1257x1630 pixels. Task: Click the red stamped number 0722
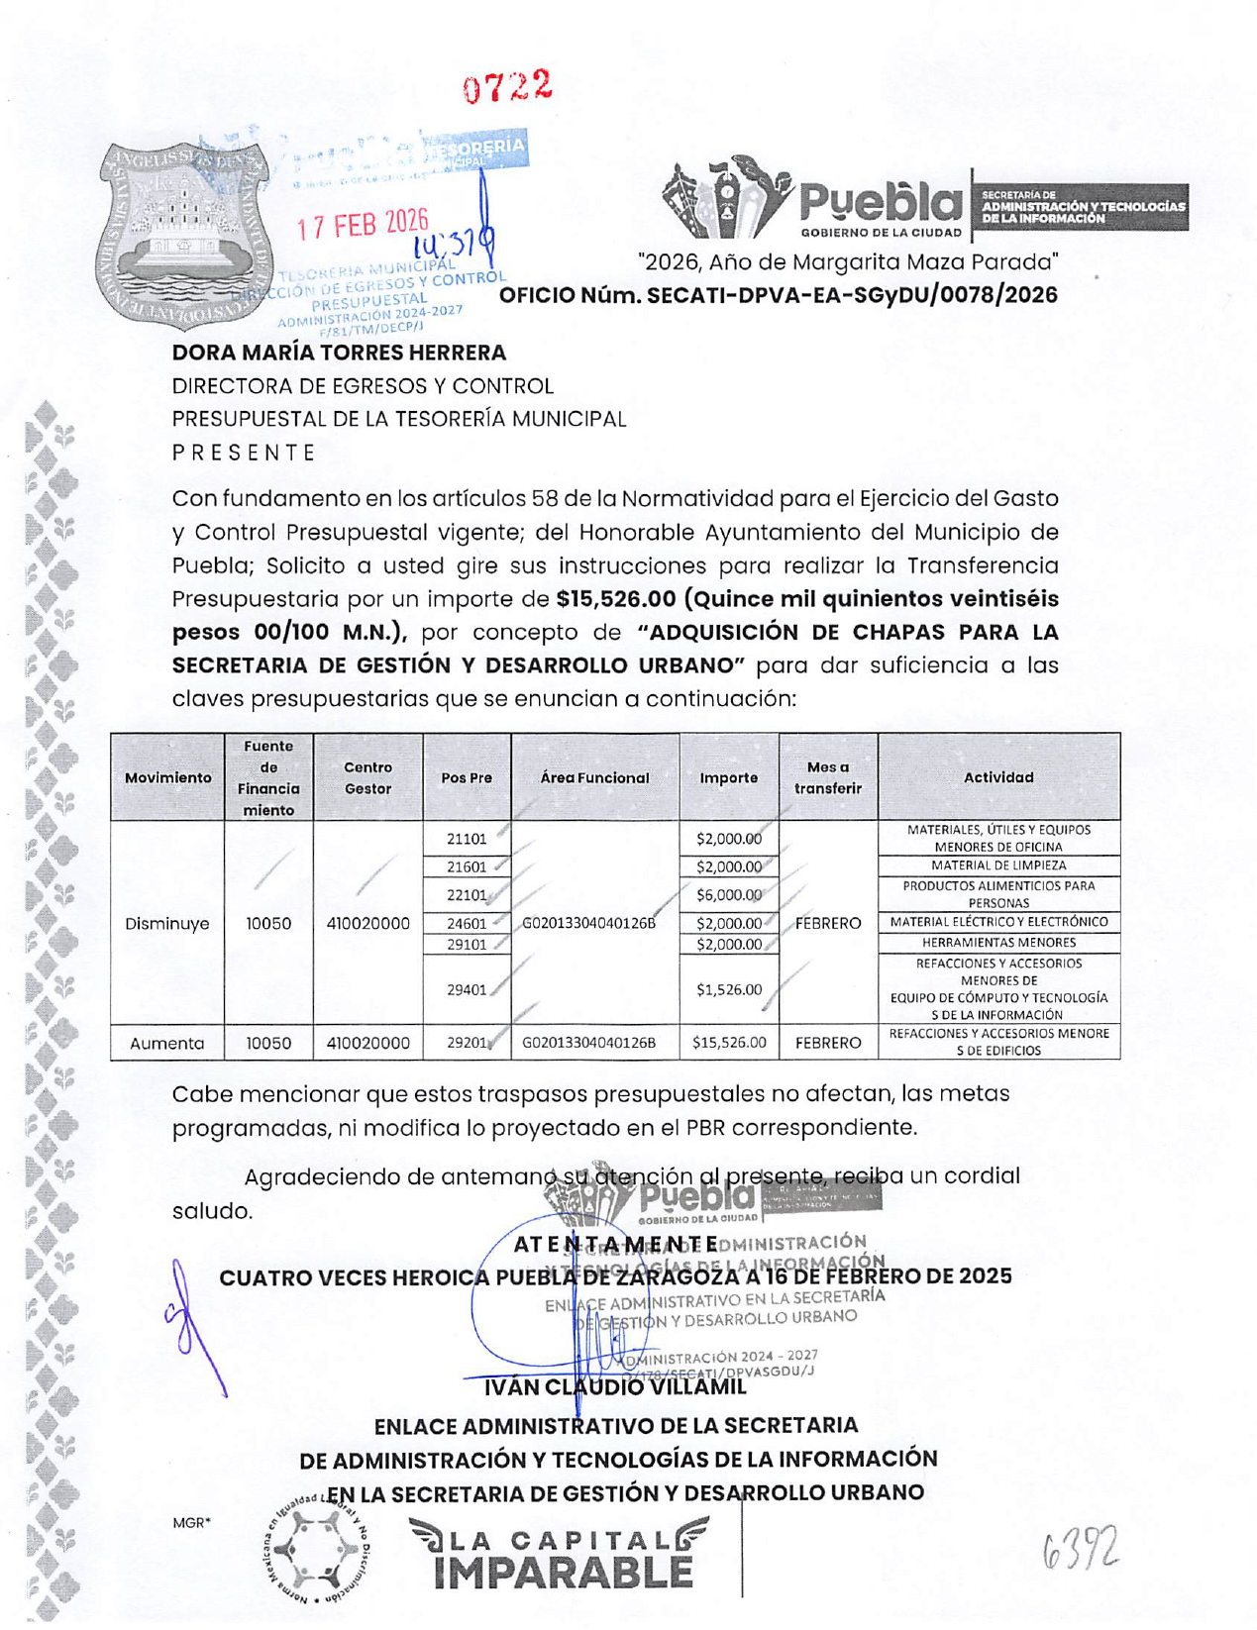[x=507, y=87]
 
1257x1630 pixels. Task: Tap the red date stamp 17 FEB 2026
[x=363, y=224]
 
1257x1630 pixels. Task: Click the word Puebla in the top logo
[x=881, y=203]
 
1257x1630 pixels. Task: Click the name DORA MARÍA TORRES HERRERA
[x=339, y=353]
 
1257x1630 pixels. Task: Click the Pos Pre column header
[x=467, y=778]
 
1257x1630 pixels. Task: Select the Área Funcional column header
[x=594, y=778]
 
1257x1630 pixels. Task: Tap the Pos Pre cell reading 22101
[x=466, y=895]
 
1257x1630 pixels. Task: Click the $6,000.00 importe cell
[x=729, y=895]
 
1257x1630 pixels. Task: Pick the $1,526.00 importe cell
[x=729, y=989]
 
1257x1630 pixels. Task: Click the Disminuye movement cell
[x=167, y=924]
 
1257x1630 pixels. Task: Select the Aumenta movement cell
[x=167, y=1043]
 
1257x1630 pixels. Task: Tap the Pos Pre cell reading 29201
[x=466, y=1043]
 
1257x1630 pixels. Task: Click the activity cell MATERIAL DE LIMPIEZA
[x=998, y=866]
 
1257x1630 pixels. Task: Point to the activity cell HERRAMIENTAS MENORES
[x=998, y=943]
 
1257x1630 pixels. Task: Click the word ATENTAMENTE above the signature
[x=616, y=1244]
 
